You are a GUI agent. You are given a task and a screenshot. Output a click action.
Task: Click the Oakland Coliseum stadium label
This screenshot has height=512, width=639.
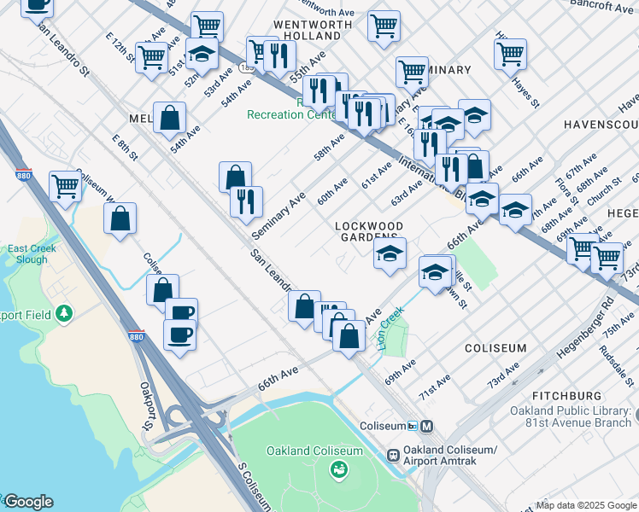point(314,451)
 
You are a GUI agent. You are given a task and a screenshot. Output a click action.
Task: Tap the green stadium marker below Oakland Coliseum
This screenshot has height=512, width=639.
point(339,468)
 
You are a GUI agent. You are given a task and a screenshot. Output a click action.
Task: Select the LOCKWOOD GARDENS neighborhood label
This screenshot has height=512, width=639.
point(368,231)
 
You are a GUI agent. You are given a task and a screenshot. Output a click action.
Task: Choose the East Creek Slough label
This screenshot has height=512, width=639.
point(32,253)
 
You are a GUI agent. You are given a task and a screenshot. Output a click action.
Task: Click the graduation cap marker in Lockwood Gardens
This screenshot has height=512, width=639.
point(390,253)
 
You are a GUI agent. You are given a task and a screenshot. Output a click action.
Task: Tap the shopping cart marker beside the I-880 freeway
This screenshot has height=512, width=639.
point(65,186)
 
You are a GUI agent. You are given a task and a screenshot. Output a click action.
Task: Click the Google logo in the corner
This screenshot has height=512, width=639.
point(27,502)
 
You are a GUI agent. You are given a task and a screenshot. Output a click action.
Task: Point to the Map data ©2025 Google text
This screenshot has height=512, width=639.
point(586,505)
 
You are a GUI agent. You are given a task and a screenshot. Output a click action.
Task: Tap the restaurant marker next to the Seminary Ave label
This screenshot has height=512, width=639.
point(245,201)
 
